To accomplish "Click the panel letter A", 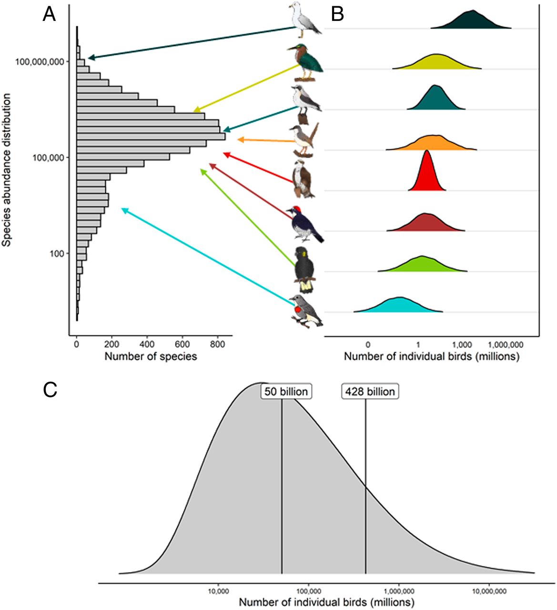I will pos(49,15).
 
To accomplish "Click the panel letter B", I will pos(337,15).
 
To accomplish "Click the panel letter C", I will pos(50,390).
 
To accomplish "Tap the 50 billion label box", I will pos(286,392).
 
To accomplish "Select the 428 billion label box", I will pos(370,392).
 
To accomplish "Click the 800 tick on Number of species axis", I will pos(217,343).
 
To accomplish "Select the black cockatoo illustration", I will pos(304,269).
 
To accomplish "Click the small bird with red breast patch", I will pos(306,311).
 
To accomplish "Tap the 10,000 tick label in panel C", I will pos(219,591).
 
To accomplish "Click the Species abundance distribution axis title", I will pos(7,170).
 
